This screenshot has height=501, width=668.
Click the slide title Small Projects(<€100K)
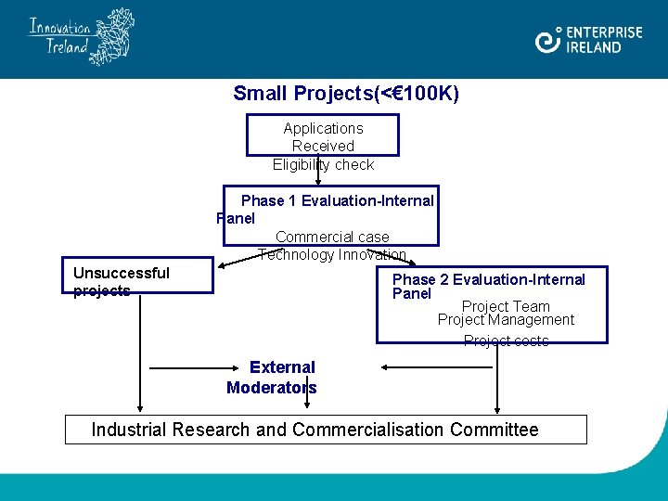(x=346, y=94)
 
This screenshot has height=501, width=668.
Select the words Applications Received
(x=323, y=136)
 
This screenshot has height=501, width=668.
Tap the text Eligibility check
(x=323, y=165)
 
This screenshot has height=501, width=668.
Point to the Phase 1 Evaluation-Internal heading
(x=337, y=201)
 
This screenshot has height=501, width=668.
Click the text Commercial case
(x=332, y=238)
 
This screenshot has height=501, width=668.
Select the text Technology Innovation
(x=332, y=254)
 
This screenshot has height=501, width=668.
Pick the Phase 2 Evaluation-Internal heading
(x=489, y=280)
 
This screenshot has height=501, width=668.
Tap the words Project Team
(x=506, y=307)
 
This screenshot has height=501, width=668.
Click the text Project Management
(x=506, y=320)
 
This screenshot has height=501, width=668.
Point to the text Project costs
(x=506, y=340)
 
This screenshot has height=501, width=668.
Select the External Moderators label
(x=272, y=378)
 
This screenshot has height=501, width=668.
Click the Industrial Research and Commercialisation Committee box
(x=326, y=430)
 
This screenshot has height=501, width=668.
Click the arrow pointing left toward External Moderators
(x=436, y=367)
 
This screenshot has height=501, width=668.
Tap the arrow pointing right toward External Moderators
(x=186, y=368)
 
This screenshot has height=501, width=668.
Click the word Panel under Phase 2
(x=412, y=294)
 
